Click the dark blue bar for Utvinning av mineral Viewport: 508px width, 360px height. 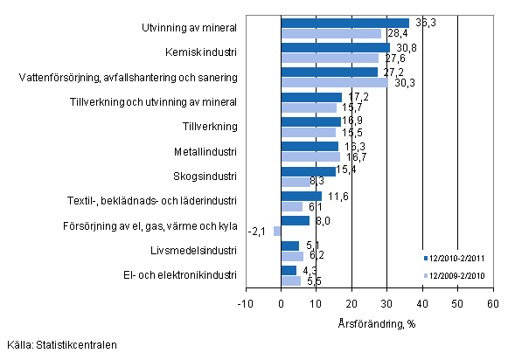[344, 23]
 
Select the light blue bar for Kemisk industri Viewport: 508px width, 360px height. [330, 58]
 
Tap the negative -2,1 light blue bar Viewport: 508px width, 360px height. [277, 231]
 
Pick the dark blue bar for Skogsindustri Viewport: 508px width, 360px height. [308, 171]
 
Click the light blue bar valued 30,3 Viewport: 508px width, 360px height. [334, 82]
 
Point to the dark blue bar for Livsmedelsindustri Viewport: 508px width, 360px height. [289, 246]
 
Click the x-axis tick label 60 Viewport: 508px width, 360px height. [492, 302]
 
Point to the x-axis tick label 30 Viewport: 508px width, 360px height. [386, 302]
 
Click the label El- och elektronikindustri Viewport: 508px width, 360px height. [181, 275]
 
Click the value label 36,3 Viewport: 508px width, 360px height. [422, 20]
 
